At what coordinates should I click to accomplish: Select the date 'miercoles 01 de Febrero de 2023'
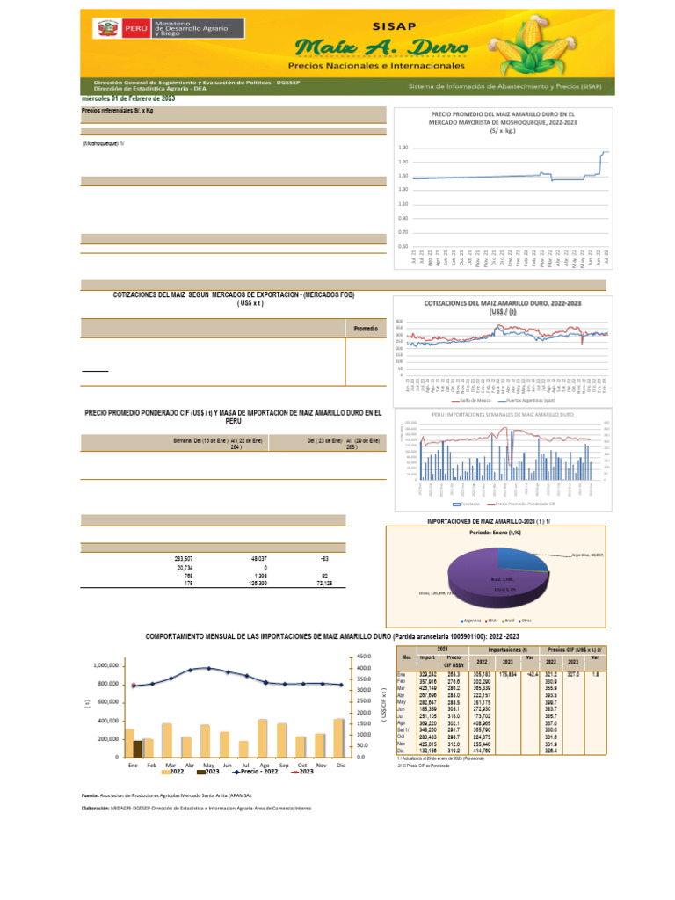(128, 98)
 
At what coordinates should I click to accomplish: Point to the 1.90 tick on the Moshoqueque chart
(403, 148)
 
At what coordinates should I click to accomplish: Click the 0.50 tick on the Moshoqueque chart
(403, 246)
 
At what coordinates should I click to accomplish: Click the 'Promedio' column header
(365, 328)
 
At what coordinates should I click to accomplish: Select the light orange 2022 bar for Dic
(363, 737)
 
